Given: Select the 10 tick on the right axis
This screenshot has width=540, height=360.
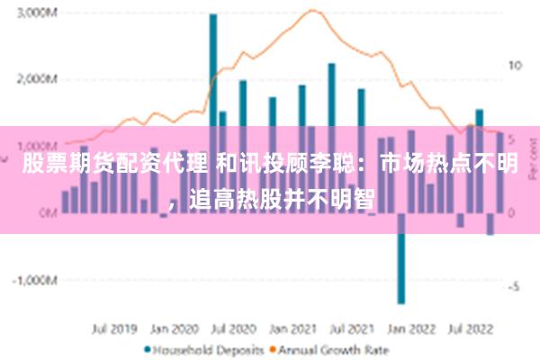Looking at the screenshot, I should pos(516,65).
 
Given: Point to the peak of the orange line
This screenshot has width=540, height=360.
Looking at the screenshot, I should pos(312,11).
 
